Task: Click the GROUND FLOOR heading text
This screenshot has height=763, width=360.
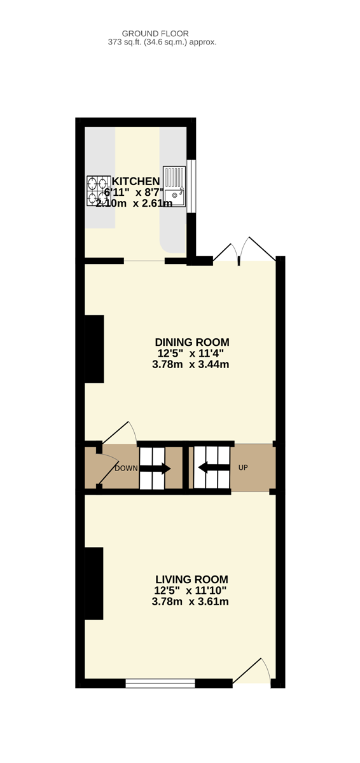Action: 155,34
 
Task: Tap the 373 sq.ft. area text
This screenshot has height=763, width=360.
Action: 162,42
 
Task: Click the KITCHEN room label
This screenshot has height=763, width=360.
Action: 135,181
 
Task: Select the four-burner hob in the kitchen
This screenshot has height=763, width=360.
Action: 99,191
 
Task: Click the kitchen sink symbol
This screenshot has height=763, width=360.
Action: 174,187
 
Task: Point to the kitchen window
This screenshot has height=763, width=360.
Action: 191,186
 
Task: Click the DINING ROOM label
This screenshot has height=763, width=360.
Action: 192,342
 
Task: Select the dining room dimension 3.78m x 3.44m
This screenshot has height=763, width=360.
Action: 190,364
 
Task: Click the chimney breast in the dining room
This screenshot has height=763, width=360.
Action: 94,349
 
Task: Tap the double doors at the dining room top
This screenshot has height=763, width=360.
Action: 244,251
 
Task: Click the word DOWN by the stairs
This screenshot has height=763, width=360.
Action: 126,469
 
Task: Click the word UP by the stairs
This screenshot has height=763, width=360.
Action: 243,468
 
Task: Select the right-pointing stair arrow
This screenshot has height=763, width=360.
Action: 155,469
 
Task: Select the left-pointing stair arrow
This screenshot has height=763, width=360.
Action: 214,467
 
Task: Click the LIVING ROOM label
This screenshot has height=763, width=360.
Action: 191,579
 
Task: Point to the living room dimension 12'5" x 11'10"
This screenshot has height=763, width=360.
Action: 190,590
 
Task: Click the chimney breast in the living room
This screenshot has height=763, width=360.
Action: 93,584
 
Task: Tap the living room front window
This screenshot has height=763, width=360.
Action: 160,683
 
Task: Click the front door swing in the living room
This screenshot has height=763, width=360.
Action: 251,671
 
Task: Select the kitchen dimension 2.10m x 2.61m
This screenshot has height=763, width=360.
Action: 134,203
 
